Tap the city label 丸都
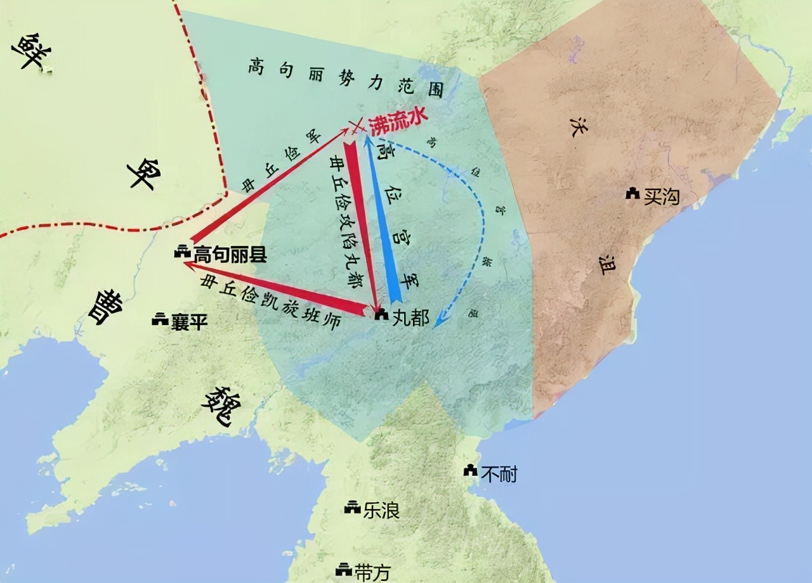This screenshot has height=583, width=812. click(x=410, y=317)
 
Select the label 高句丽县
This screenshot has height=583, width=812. click(x=230, y=255)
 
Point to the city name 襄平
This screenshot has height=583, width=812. click(x=189, y=322)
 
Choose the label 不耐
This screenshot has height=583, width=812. click(x=499, y=473)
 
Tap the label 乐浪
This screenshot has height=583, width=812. click(x=381, y=510)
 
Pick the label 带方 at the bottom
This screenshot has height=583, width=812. click(x=373, y=572)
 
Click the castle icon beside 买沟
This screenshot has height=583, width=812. click(x=632, y=194)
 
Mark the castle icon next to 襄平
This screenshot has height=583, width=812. click(x=160, y=320)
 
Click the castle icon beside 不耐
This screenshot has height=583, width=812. click(x=470, y=471)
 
